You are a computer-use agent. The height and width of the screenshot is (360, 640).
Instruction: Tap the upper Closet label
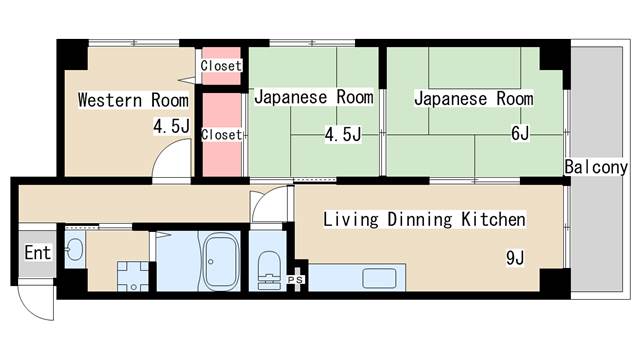221,66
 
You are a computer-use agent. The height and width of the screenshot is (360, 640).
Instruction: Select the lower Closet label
221,134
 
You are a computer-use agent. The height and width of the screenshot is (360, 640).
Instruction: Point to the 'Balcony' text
595,167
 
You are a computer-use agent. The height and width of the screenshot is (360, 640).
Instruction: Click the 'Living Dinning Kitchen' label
424,219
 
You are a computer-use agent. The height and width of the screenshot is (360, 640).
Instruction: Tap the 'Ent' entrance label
37,252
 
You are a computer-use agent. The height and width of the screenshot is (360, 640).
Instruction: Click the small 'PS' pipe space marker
295,279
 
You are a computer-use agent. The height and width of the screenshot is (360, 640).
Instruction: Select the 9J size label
515,258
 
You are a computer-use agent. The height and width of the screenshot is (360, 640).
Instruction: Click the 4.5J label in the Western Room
171,127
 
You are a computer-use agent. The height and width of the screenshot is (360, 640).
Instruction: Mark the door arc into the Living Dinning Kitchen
269,206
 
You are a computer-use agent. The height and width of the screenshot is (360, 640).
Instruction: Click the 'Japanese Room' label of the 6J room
473,99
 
